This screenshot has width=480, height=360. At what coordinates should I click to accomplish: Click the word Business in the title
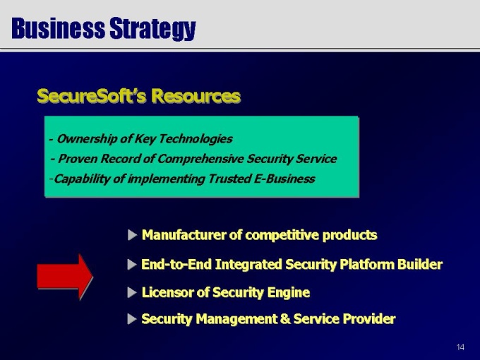click(x=58, y=28)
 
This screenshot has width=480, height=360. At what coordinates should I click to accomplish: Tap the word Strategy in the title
click(x=152, y=30)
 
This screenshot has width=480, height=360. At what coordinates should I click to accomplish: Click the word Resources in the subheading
click(x=196, y=96)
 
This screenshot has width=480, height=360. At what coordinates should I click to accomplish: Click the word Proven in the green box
click(x=78, y=159)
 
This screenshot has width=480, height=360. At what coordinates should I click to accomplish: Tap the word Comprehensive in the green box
click(x=200, y=159)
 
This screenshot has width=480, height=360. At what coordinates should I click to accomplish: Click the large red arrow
click(x=65, y=277)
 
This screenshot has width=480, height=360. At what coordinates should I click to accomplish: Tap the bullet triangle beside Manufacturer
click(x=132, y=235)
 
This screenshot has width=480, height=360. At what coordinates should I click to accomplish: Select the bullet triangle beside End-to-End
click(x=132, y=265)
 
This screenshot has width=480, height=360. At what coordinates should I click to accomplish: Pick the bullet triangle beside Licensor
click(x=132, y=292)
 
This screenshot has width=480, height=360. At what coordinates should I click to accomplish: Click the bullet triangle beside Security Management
click(x=132, y=319)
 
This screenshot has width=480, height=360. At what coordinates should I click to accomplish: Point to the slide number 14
click(x=460, y=347)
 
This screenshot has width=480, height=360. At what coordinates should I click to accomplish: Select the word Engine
click(x=289, y=293)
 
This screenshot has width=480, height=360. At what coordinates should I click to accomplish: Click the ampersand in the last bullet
click(x=285, y=319)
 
